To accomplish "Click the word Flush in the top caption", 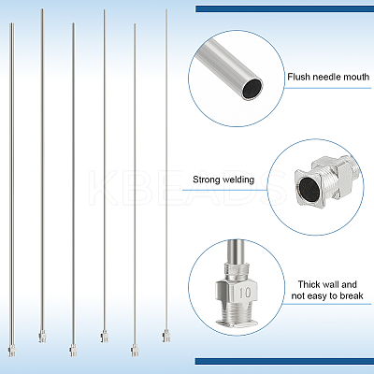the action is click(x=298, y=77).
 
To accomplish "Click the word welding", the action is click(x=239, y=180).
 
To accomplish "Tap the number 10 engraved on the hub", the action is click(x=245, y=293).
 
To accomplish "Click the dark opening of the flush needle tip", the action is click(x=252, y=89).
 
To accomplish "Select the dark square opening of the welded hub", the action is click(x=309, y=190).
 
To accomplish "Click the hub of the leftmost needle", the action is click(x=12, y=351).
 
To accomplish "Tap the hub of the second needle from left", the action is click(x=42, y=337).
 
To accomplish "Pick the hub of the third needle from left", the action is click(x=73, y=351).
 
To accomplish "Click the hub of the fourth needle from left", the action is click(x=104, y=337).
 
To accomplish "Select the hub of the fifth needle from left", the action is click(x=135, y=351).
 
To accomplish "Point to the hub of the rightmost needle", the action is click(x=166, y=337).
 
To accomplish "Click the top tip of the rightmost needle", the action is click(x=166, y=9).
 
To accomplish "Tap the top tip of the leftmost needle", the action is click(x=12, y=23).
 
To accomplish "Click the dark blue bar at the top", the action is click(x=284, y=8).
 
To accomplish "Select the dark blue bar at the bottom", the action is click(x=284, y=361).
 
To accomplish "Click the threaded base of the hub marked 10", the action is click(x=237, y=315).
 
